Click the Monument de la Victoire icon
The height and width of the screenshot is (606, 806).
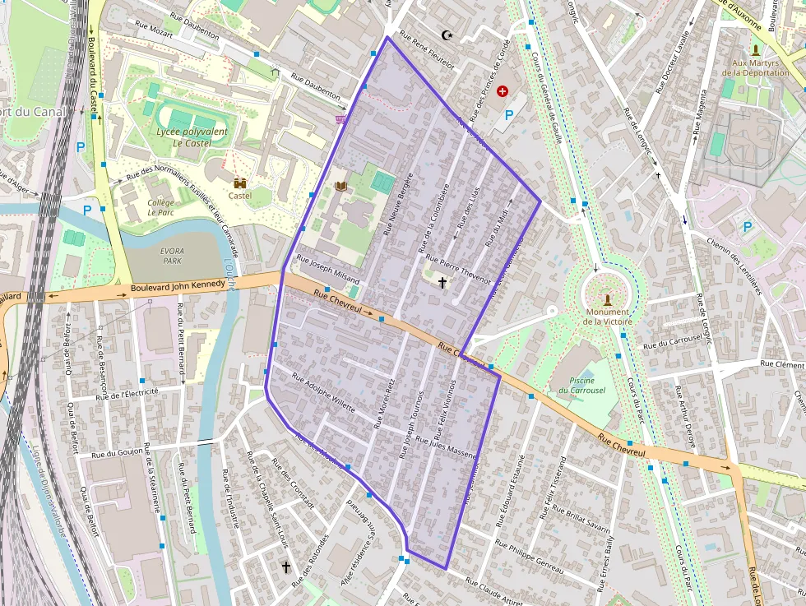pyautogui.click(x=608, y=299)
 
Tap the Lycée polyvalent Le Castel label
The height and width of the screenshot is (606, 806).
pyautogui.click(x=192, y=136)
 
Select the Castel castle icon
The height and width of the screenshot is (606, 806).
pyautogui.click(x=240, y=183)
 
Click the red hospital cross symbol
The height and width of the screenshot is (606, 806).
pyautogui.click(x=503, y=92)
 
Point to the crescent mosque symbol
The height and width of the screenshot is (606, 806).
pyautogui.click(x=447, y=35)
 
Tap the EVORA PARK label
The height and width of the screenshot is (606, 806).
pyautogui.click(x=173, y=255)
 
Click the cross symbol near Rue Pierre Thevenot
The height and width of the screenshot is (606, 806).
pyautogui.click(x=442, y=284)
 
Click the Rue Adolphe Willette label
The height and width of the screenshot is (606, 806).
pyautogui.click(x=324, y=396)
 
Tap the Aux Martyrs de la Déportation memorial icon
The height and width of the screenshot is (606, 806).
pyautogui.click(x=755, y=50)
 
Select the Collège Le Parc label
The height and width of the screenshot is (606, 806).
pyautogui.click(x=160, y=206)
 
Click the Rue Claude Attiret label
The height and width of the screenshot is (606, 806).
pyautogui.click(x=493, y=591)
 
